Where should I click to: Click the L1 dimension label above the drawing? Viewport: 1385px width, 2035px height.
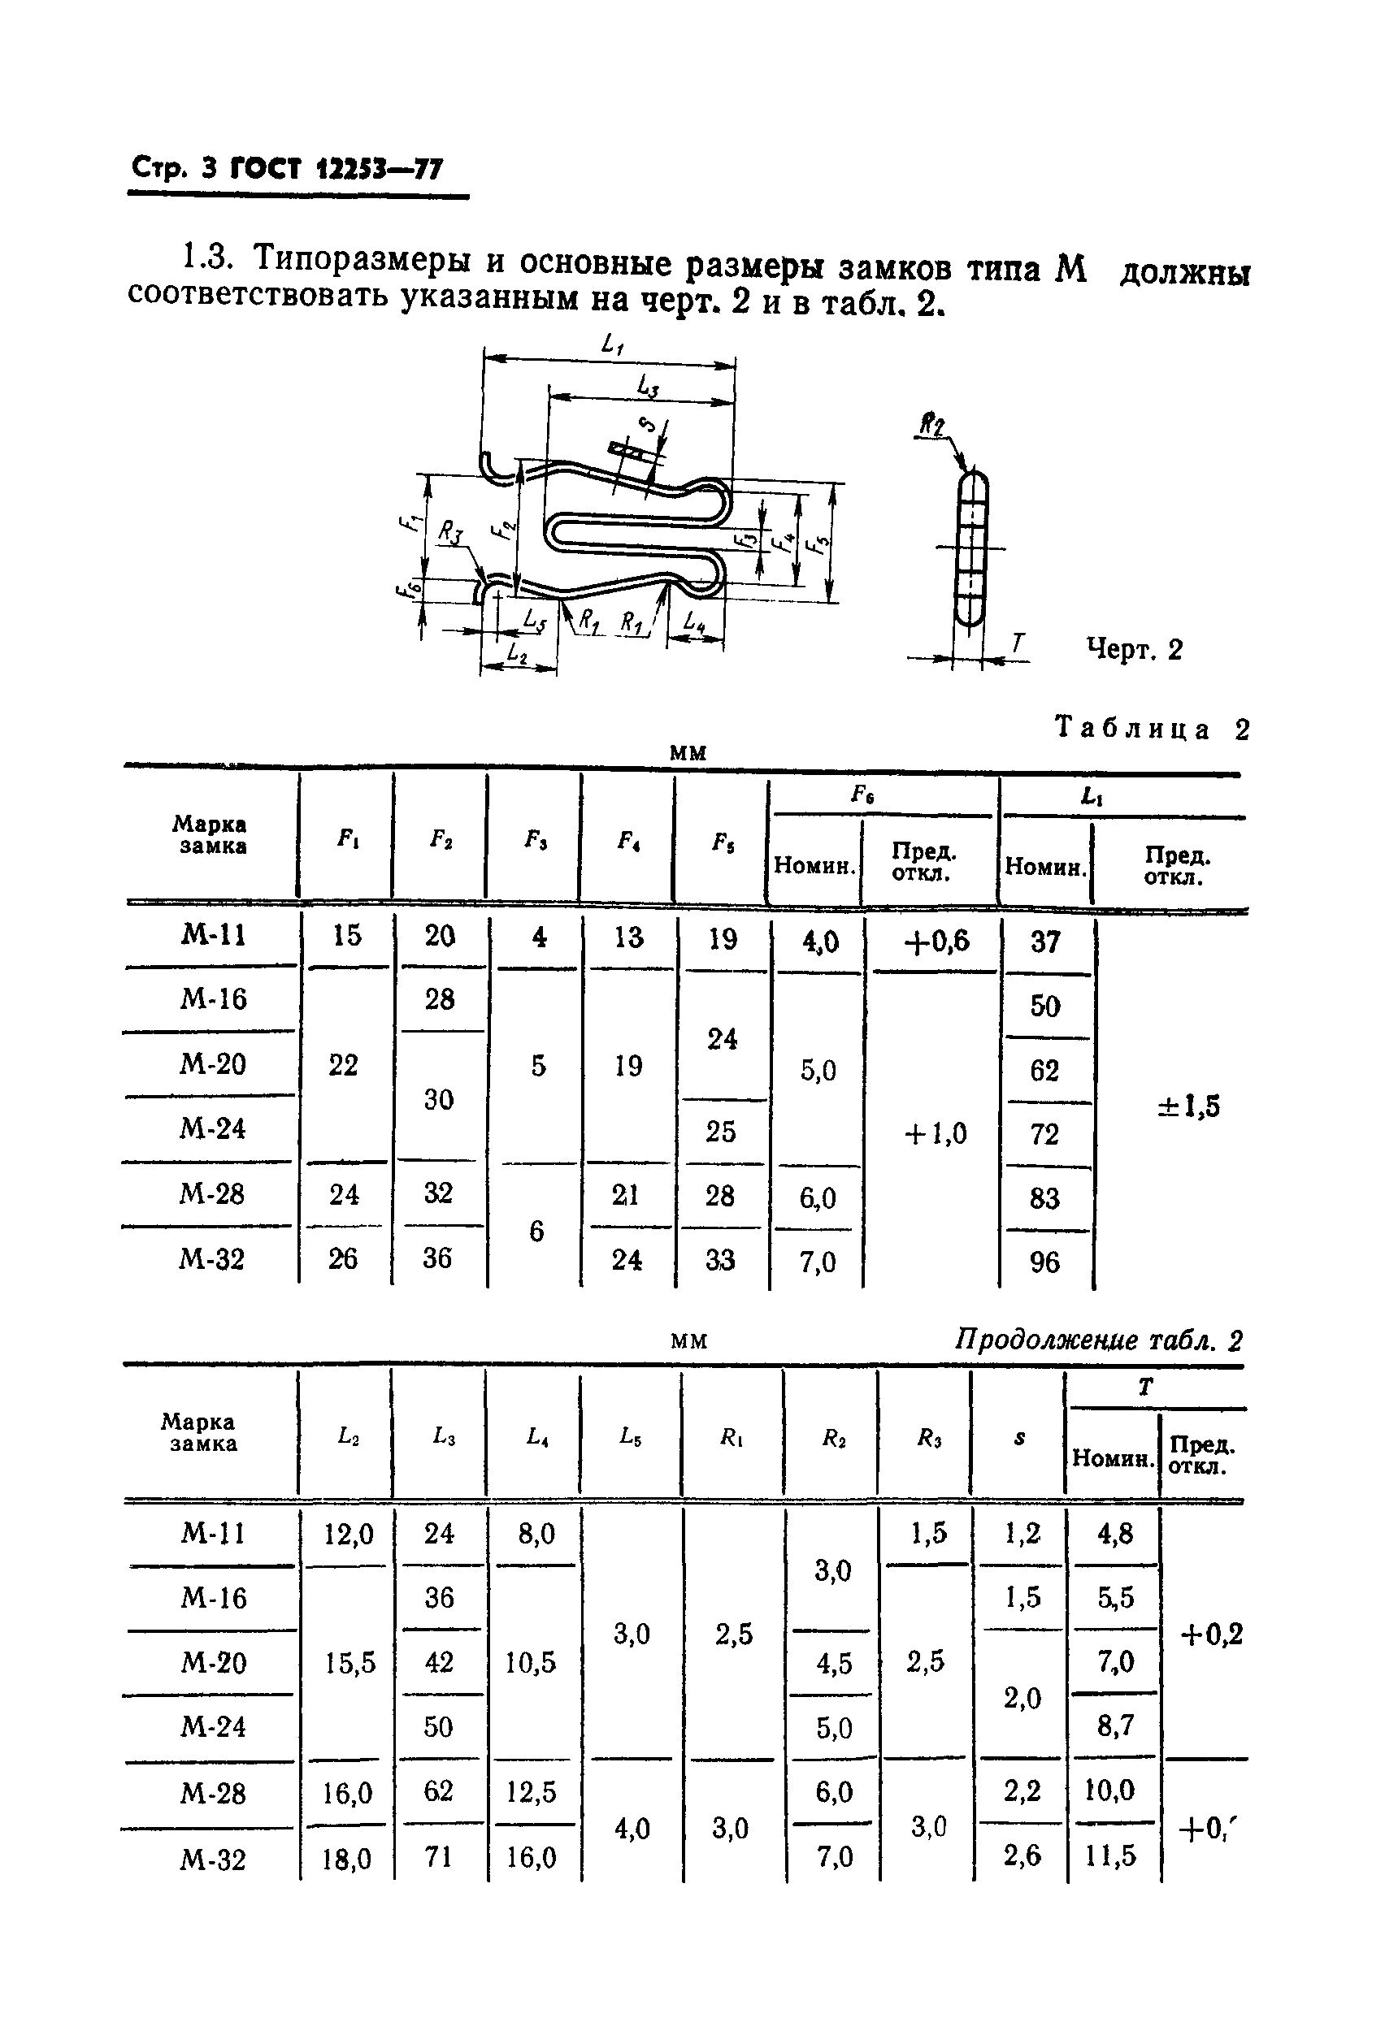click(x=612, y=345)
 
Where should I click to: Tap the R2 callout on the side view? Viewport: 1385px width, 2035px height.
click(x=931, y=426)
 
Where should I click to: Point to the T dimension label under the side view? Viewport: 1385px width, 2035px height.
click(x=1017, y=643)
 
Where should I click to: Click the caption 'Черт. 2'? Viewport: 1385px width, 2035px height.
click(x=1134, y=649)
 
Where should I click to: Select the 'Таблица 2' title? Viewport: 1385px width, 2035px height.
click(x=1151, y=729)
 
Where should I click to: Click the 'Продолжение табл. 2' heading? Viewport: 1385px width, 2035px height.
click(x=1097, y=1340)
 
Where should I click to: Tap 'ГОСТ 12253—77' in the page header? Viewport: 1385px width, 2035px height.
click(x=336, y=168)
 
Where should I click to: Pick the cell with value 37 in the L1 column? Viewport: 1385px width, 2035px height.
click(x=1045, y=942)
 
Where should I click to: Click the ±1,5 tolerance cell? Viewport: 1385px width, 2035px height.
click(x=1187, y=1106)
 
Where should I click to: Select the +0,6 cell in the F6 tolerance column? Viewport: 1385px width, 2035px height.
click(x=936, y=941)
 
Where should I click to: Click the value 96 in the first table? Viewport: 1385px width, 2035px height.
click(x=1044, y=1262)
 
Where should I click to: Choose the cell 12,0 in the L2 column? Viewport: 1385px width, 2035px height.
click(x=349, y=1533)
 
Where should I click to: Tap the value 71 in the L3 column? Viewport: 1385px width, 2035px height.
click(x=438, y=1856)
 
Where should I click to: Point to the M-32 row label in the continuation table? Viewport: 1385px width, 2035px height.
click(x=213, y=1858)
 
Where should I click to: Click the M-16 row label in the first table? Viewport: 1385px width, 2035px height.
click(x=214, y=998)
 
